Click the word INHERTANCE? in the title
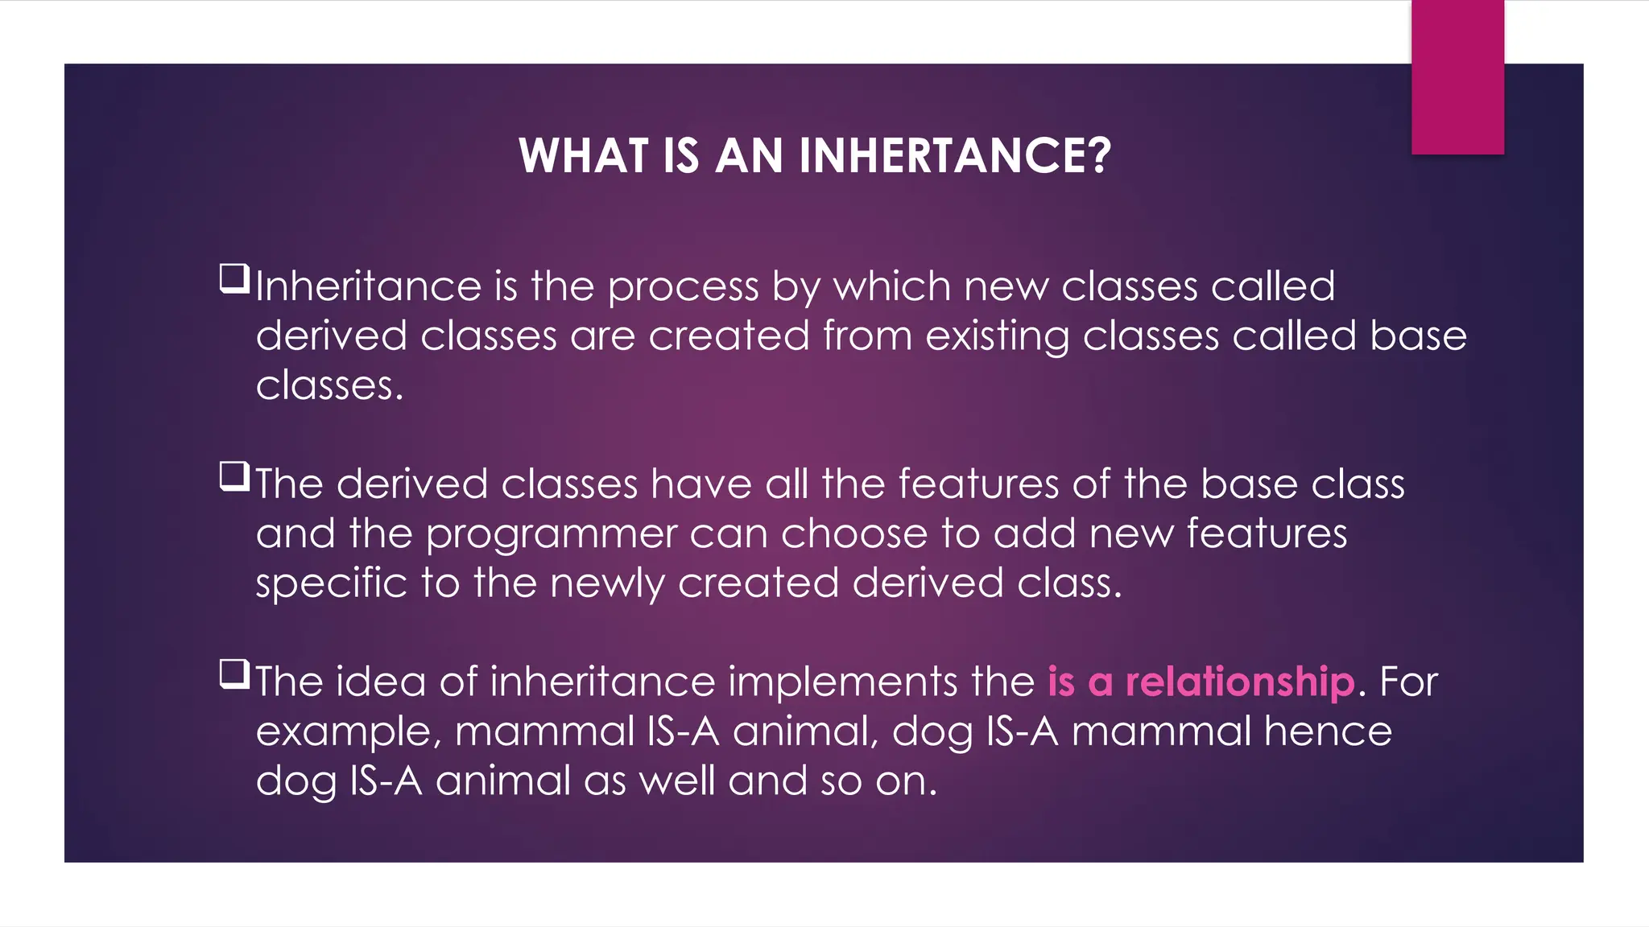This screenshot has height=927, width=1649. pyautogui.click(x=955, y=155)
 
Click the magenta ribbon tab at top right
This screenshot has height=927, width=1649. pyautogui.click(x=1457, y=77)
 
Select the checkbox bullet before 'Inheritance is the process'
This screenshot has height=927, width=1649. pyautogui.click(x=234, y=278)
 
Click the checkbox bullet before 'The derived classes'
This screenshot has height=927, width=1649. pyautogui.click(x=234, y=476)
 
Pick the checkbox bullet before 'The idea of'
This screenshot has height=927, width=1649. pyautogui.click(x=234, y=674)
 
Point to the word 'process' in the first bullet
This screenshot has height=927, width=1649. pyautogui.click(x=683, y=288)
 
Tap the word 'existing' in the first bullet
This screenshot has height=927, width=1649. pyautogui.click(x=997, y=336)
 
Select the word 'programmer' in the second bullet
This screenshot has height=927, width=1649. pyautogui.click(x=552, y=535)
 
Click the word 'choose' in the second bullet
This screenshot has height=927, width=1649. pyautogui.click(x=853, y=534)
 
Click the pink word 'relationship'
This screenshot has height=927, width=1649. pyautogui.click(x=1240, y=682)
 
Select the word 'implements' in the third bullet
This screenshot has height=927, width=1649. pyautogui.click(x=842, y=682)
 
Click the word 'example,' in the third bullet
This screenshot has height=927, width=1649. pyautogui.click(x=348, y=733)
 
